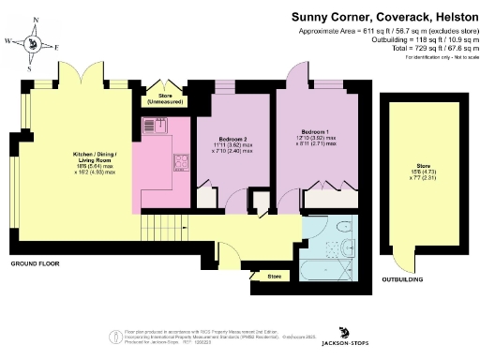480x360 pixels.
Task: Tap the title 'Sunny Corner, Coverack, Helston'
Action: click(383, 16)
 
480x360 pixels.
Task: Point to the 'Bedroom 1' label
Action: click(317, 131)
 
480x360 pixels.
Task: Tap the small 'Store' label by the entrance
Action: click(275, 277)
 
